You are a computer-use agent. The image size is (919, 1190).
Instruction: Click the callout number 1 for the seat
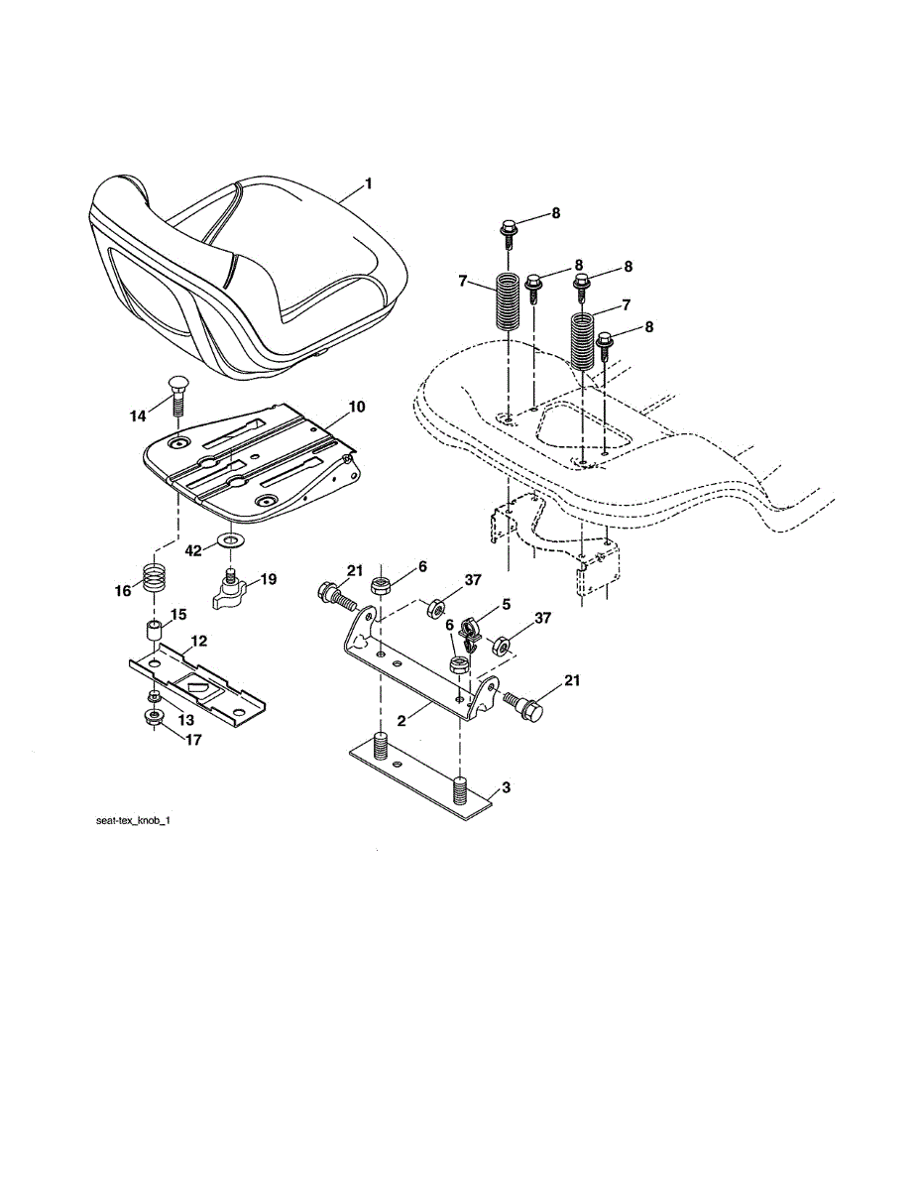click(369, 183)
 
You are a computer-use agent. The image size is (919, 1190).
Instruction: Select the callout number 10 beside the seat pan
click(357, 407)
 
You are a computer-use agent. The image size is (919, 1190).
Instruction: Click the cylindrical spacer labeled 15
click(155, 632)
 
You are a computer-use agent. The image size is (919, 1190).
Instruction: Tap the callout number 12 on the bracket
click(199, 641)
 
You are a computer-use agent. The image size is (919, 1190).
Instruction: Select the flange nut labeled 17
click(155, 717)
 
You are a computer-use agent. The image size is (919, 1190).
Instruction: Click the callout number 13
click(186, 719)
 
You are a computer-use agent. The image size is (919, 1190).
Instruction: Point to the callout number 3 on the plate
click(506, 787)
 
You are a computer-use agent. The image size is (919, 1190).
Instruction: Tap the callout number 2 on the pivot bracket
click(402, 721)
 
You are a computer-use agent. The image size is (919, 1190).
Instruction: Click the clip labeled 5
click(469, 634)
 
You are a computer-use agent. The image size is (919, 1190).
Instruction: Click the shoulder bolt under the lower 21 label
click(524, 706)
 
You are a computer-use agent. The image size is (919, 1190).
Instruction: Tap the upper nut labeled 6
click(381, 585)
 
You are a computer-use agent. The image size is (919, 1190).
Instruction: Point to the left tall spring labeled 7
click(509, 301)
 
